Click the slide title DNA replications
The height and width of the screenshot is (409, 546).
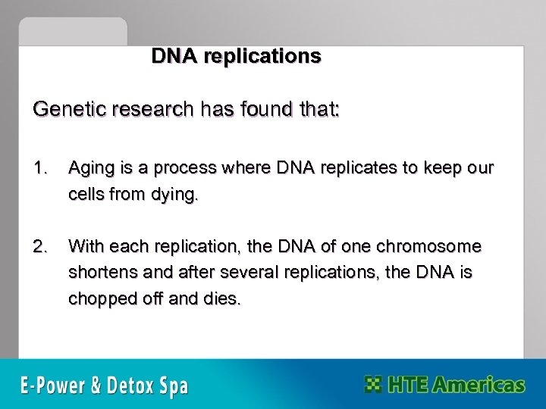point(236,57)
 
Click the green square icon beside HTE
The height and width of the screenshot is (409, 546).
point(374,384)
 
